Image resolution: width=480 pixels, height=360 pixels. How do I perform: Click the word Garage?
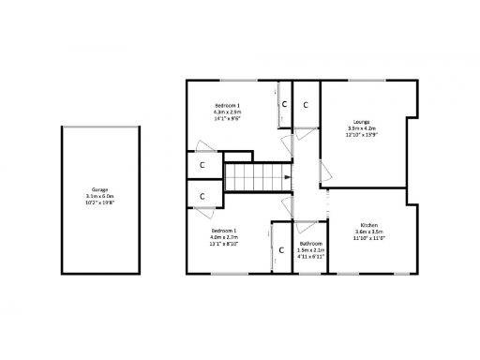99,188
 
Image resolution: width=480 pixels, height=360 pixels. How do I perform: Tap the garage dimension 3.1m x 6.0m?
99,195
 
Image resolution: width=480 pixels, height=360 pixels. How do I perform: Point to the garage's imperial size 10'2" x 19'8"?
99,202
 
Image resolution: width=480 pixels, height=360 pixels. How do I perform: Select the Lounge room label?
361,122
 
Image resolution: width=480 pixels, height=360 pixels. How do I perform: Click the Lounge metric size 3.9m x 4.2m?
361,128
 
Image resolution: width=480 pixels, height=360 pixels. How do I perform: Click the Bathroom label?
310,244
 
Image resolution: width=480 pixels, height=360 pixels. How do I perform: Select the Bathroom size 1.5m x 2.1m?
310,250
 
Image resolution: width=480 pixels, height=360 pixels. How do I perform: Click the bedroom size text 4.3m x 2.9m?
228,112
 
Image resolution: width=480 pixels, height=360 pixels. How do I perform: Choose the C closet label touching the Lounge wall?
307,104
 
